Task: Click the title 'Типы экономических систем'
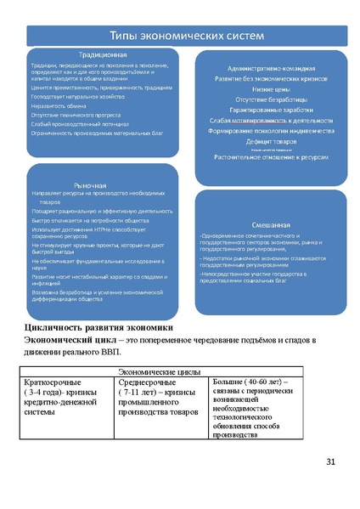tap(183, 35)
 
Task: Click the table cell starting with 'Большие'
tap(253, 408)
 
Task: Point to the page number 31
tap(331, 461)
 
